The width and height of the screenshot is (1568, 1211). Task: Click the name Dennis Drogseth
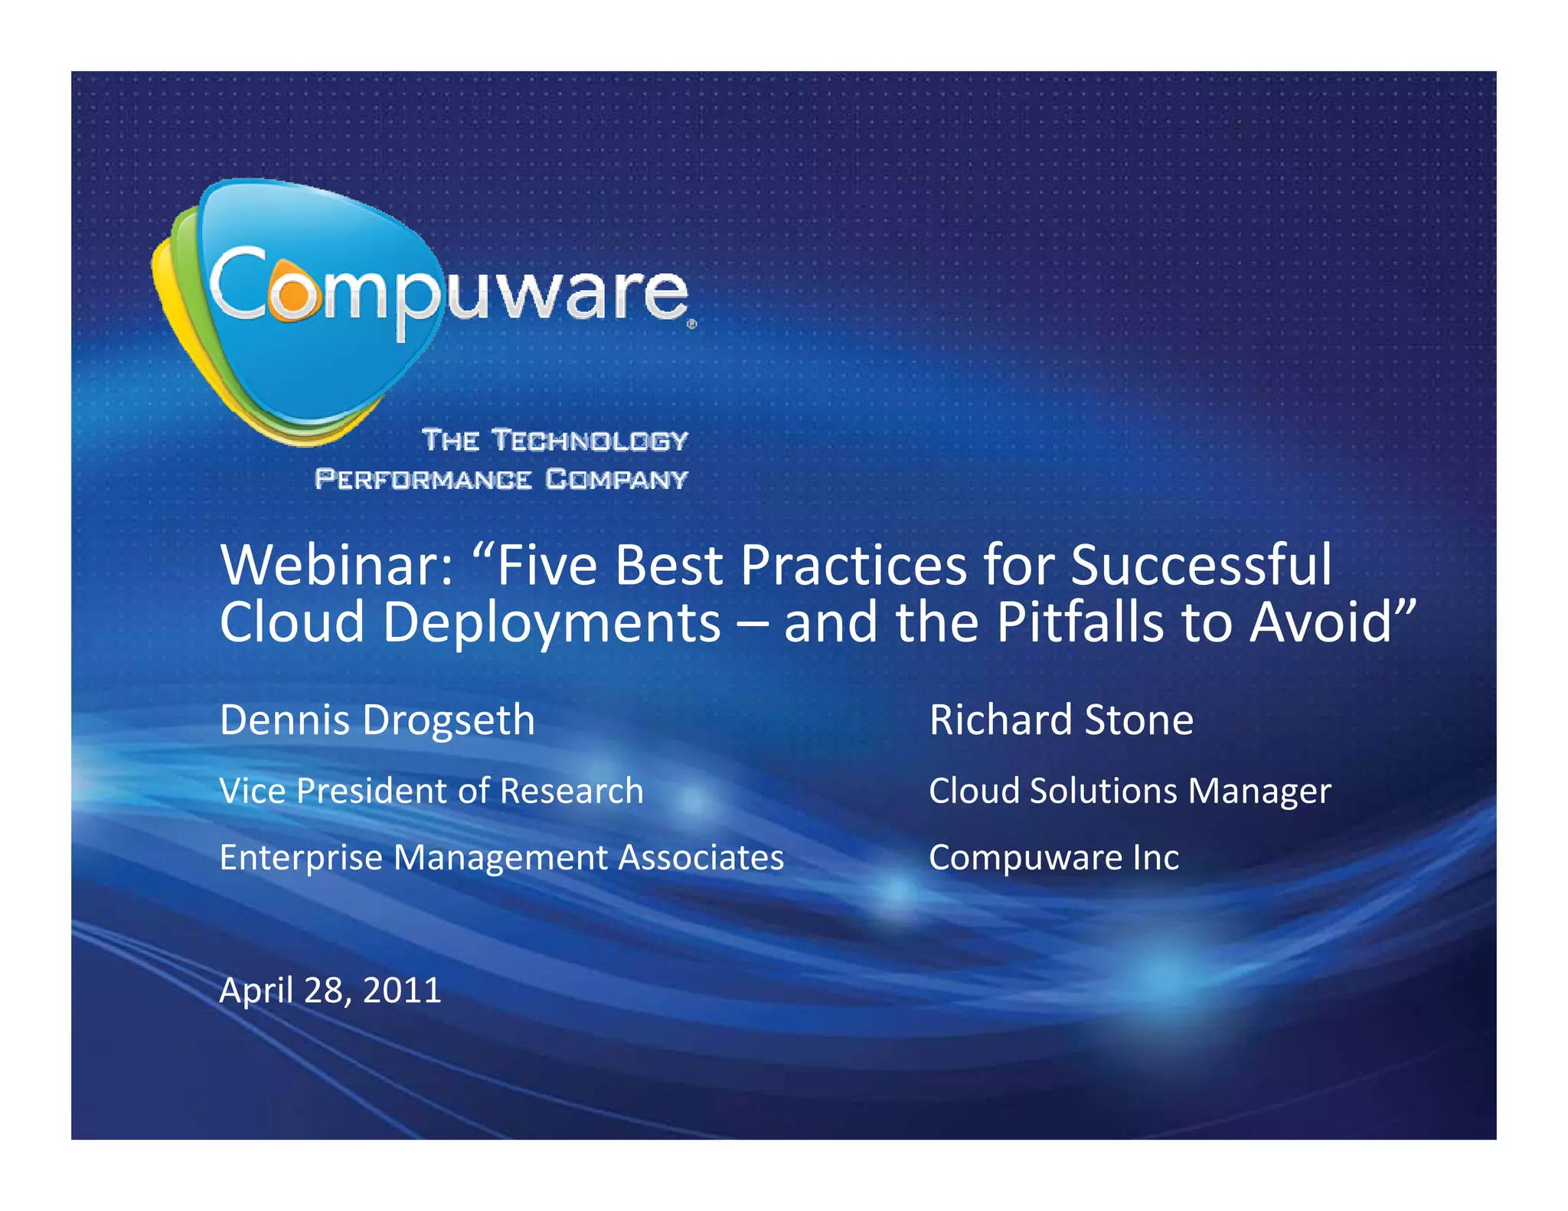coord(377,720)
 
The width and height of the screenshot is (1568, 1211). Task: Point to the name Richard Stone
coord(1061,720)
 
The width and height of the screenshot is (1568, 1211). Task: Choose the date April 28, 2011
coord(330,991)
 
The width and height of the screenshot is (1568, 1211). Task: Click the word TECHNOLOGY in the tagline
coord(590,440)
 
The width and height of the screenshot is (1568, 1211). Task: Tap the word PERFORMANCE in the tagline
coord(423,479)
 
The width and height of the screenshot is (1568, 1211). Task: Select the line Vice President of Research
coord(431,791)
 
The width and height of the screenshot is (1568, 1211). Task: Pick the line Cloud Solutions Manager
coord(1129,791)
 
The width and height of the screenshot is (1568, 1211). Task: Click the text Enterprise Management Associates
coord(501,857)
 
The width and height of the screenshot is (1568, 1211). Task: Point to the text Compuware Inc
coord(1053,857)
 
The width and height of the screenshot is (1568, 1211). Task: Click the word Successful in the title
coord(1200,566)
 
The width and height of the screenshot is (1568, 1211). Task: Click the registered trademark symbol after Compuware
coord(691,325)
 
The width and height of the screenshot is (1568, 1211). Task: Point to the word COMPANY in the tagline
coord(616,479)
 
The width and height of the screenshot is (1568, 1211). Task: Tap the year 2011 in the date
coord(402,991)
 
